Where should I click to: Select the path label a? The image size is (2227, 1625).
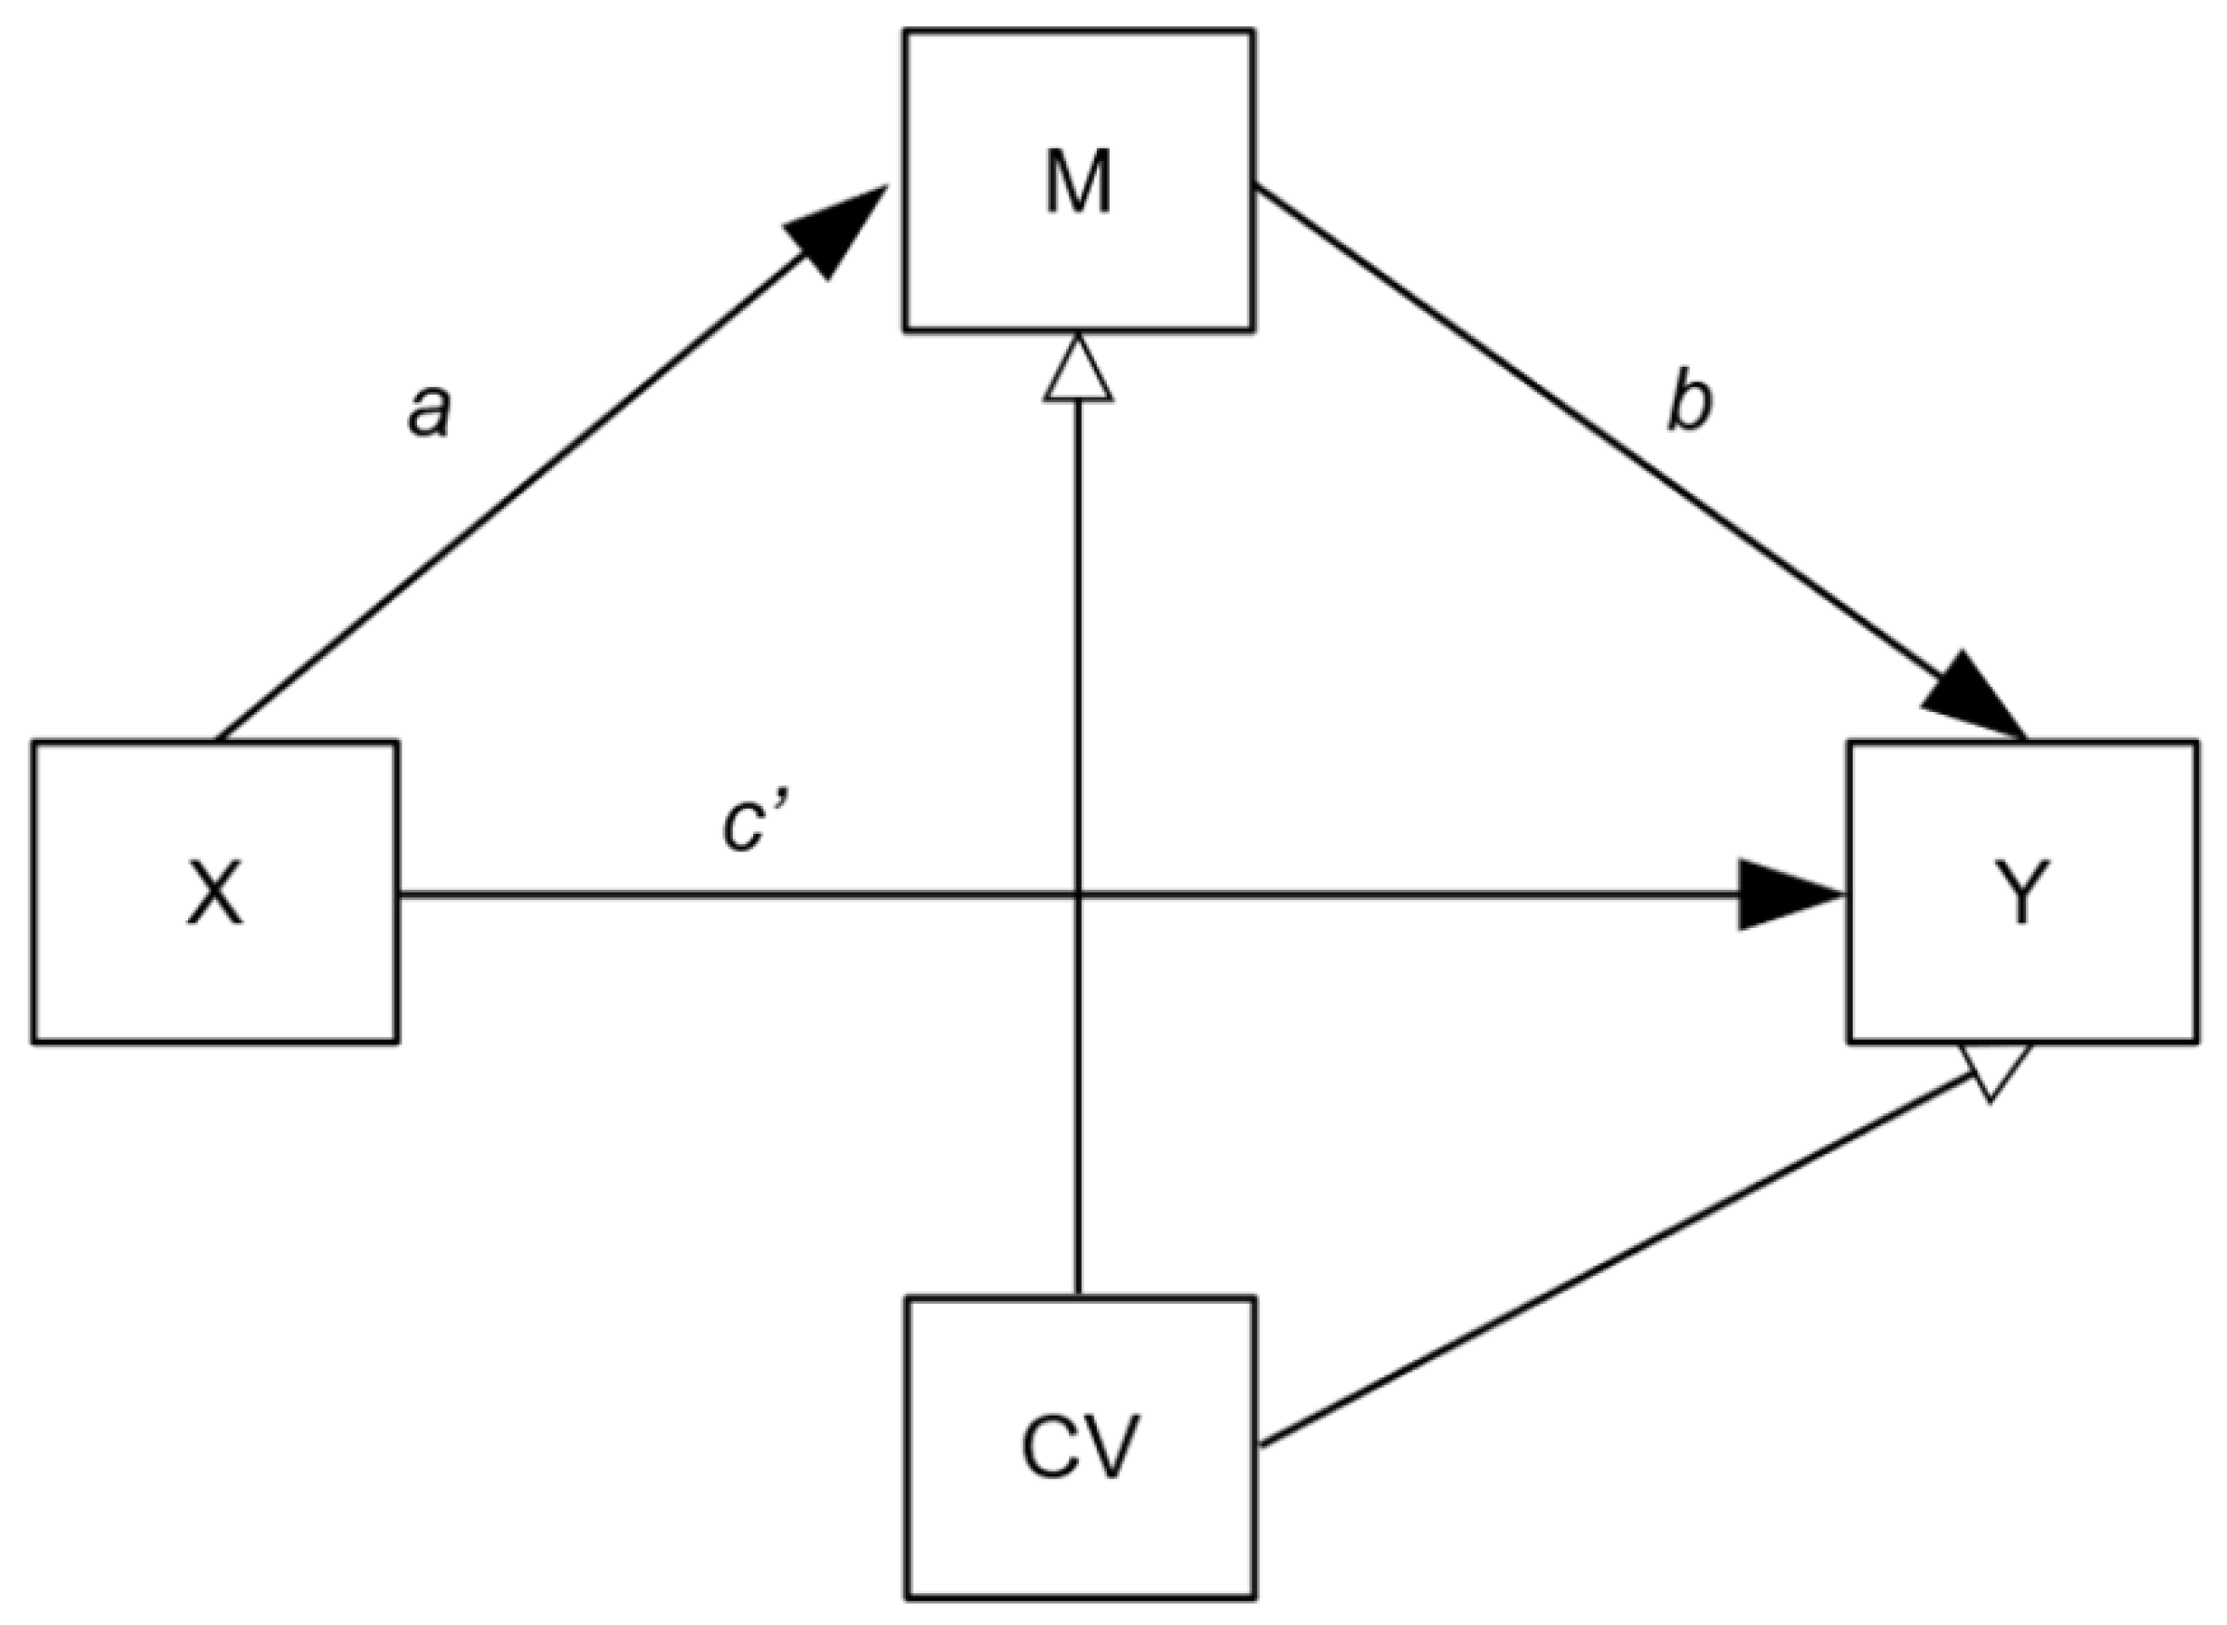pos(430,410)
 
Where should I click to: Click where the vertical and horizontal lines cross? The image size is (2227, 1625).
pos(1078,894)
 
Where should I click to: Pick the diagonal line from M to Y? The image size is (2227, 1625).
pos(1594,423)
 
